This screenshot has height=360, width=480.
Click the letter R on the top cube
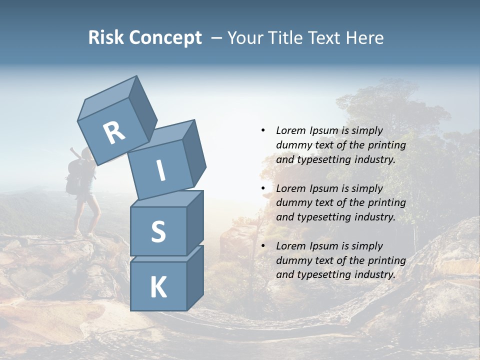(114, 132)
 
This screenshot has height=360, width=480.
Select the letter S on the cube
(158, 231)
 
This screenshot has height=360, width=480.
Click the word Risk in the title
(107, 37)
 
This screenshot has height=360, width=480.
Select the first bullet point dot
(263, 130)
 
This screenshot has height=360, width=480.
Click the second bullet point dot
(263, 188)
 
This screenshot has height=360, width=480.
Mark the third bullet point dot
(263, 246)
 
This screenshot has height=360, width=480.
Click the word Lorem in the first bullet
(291, 130)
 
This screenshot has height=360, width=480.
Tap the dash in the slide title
(216, 37)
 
